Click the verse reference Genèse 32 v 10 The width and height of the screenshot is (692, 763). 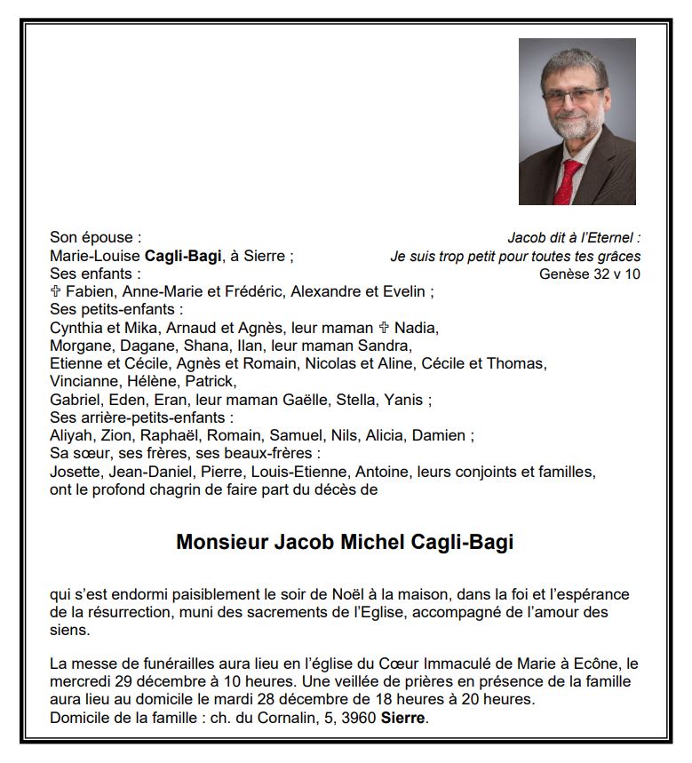pos(589,274)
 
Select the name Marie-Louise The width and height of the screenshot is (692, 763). pos(95,256)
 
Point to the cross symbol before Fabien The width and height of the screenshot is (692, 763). pos(56,291)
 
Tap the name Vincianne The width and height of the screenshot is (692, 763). pos(85,381)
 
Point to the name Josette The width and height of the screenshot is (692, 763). pos(76,470)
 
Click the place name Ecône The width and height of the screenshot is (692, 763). pos(597,664)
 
